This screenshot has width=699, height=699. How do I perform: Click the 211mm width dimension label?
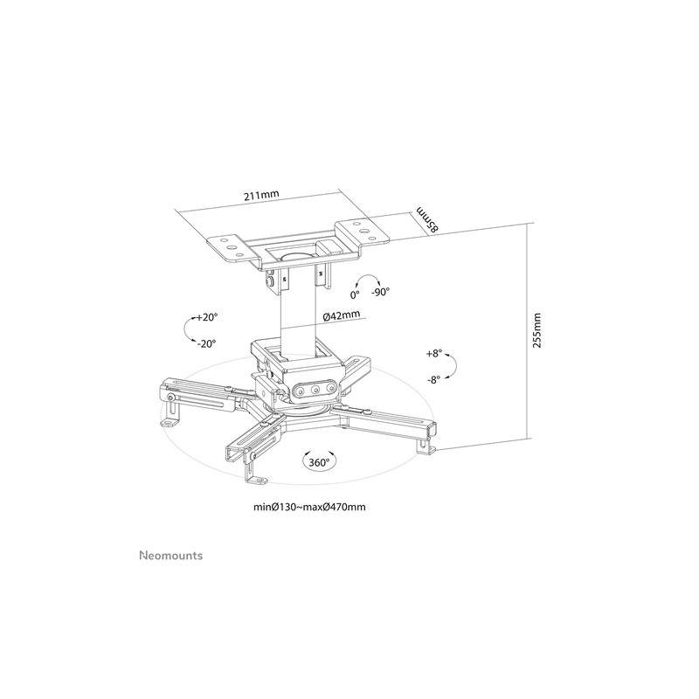tap(261, 196)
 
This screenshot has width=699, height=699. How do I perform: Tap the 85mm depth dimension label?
tap(427, 219)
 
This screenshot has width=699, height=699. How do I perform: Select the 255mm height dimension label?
tap(537, 330)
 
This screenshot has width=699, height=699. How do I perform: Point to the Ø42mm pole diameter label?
tap(341, 315)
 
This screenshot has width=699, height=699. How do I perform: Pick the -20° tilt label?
tap(207, 343)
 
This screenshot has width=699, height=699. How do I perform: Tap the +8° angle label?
tap(433, 354)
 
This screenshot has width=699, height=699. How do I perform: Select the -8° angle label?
tap(433, 380)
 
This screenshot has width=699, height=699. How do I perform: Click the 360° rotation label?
tap(319, 463)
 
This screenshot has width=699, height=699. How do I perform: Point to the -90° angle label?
tap(380, 292)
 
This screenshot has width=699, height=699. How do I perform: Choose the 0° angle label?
tap(355, 294)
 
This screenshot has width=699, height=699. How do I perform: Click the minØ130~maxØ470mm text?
tap(310, 507)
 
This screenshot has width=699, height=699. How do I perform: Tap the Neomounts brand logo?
tap(171, 556)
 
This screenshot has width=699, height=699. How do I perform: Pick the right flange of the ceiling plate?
tap(363, 232)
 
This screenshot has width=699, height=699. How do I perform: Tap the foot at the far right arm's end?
tap(426, 446)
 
